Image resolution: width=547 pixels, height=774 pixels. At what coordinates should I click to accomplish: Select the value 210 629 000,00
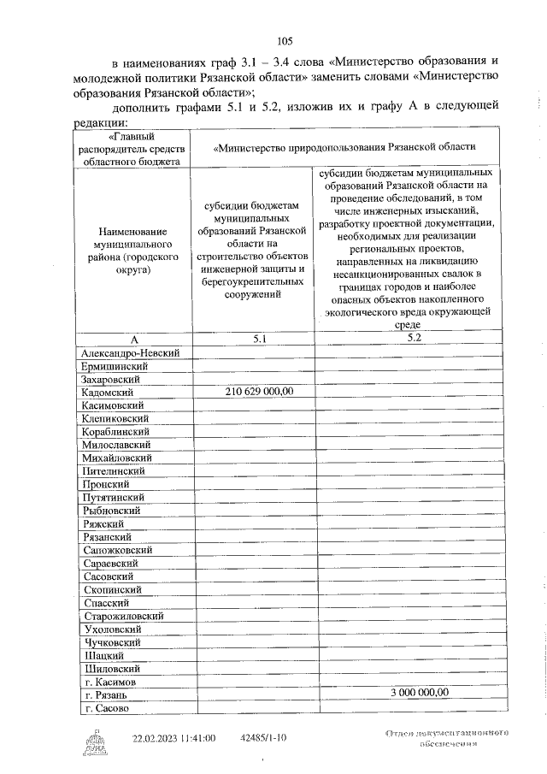(x=260, y=392)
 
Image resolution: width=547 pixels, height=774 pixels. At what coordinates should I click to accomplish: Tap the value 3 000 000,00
(x=419, y=693)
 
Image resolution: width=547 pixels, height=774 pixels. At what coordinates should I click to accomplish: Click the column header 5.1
(x=260, y=340)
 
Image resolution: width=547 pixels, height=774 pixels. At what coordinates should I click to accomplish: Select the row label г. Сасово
(x=106, y=709)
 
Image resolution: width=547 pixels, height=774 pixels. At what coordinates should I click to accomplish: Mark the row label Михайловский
(x=118, y=458)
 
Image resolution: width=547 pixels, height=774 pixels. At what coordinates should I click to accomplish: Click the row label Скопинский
(x=113, y=590)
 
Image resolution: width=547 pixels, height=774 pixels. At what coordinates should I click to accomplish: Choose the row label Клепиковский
(x=117, y=418)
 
